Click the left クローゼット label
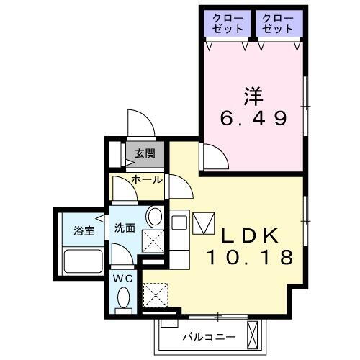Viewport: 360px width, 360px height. click(x=227, y=23)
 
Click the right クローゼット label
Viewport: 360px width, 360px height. click(x=277, y=23)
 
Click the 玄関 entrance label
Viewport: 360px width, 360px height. click(x=143, y=153)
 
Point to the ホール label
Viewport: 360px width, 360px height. click(x=147, y=180)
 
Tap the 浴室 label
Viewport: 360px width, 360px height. click(x=84, y=230)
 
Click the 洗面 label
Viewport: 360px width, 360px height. click(x=125, y=228)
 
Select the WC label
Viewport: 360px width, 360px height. click(x=123, y=276)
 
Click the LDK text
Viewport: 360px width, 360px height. click(x=248, y=235)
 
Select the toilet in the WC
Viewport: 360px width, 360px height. click(x=124, y=297)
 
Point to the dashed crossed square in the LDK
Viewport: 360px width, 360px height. click(x=154, y=293)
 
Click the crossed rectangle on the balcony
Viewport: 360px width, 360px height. click(x=252, y=333)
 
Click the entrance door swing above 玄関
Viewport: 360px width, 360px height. click(x=140, y=122)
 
